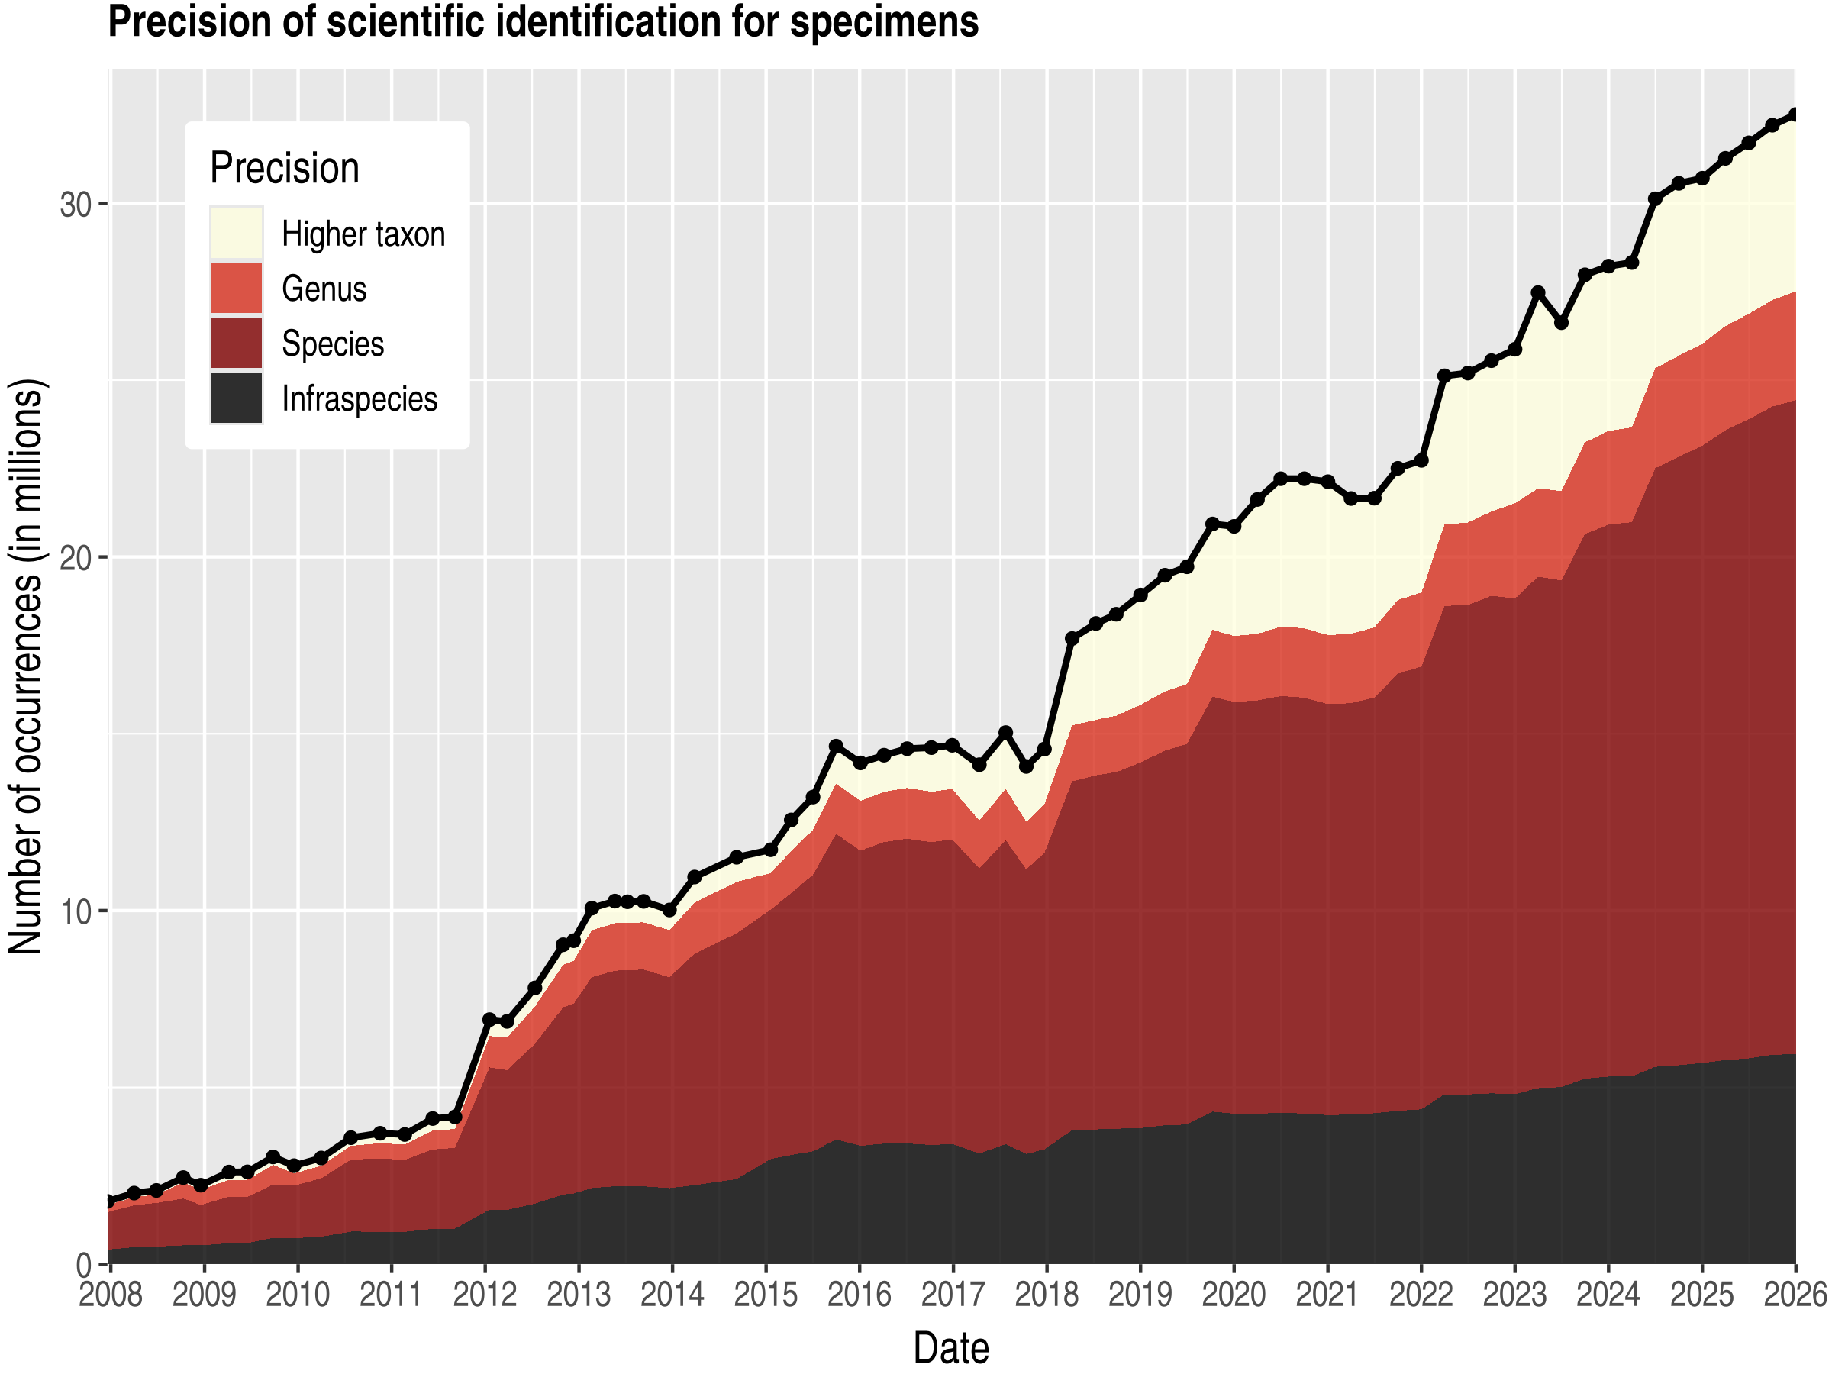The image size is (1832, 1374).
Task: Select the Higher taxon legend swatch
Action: (x=236, y=233)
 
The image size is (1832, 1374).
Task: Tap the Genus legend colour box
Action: (x=236, y=289)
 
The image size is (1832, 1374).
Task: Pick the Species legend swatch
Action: (x=236, y=343)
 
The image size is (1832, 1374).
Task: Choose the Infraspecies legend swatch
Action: (x=236, y=398)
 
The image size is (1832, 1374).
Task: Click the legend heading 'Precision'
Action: (x=284, y=168)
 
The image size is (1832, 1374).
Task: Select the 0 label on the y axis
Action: (x=85, y=1266)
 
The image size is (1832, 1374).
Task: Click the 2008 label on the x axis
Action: (x=110, y=1295)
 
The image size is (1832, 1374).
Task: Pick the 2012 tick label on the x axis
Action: (x=485, y=1295)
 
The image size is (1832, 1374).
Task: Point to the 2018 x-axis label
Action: (x=1046, y=1295)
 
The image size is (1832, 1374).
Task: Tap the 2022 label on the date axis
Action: (x=1421, y=1295)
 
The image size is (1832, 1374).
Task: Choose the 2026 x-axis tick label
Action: (x=1795, y=1295)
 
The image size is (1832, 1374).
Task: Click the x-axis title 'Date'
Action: (x=951, y=1348)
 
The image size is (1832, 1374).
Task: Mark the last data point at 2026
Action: (x=1794, y=114)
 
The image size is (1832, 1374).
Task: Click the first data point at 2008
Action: (x=109, y=1201)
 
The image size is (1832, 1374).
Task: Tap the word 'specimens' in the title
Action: (x=884, y=22)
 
